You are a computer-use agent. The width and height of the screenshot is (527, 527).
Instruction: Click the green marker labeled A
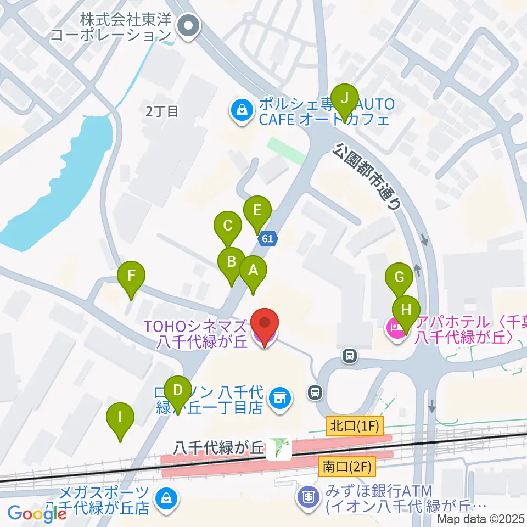(x=253, y=270)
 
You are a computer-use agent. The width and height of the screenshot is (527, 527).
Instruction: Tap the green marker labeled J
(x=345, y=98)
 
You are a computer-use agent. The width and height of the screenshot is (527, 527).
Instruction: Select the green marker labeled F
(x=131, y=275)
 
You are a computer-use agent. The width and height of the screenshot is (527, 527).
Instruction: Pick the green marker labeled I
(x=120, y=417)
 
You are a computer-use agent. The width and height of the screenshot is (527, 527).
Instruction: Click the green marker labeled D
(x=177, y=390)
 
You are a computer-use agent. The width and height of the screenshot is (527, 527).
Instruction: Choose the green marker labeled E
(x=257, y=210)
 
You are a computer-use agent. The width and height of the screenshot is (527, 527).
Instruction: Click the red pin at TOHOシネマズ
(x=265, y=324)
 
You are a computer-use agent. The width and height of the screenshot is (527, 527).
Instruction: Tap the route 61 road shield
(x=267, y=239)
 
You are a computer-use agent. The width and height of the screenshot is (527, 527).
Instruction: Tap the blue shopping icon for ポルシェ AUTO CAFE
(x=241, y=110)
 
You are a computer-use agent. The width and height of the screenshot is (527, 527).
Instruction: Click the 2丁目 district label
(x=162, y=112)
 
